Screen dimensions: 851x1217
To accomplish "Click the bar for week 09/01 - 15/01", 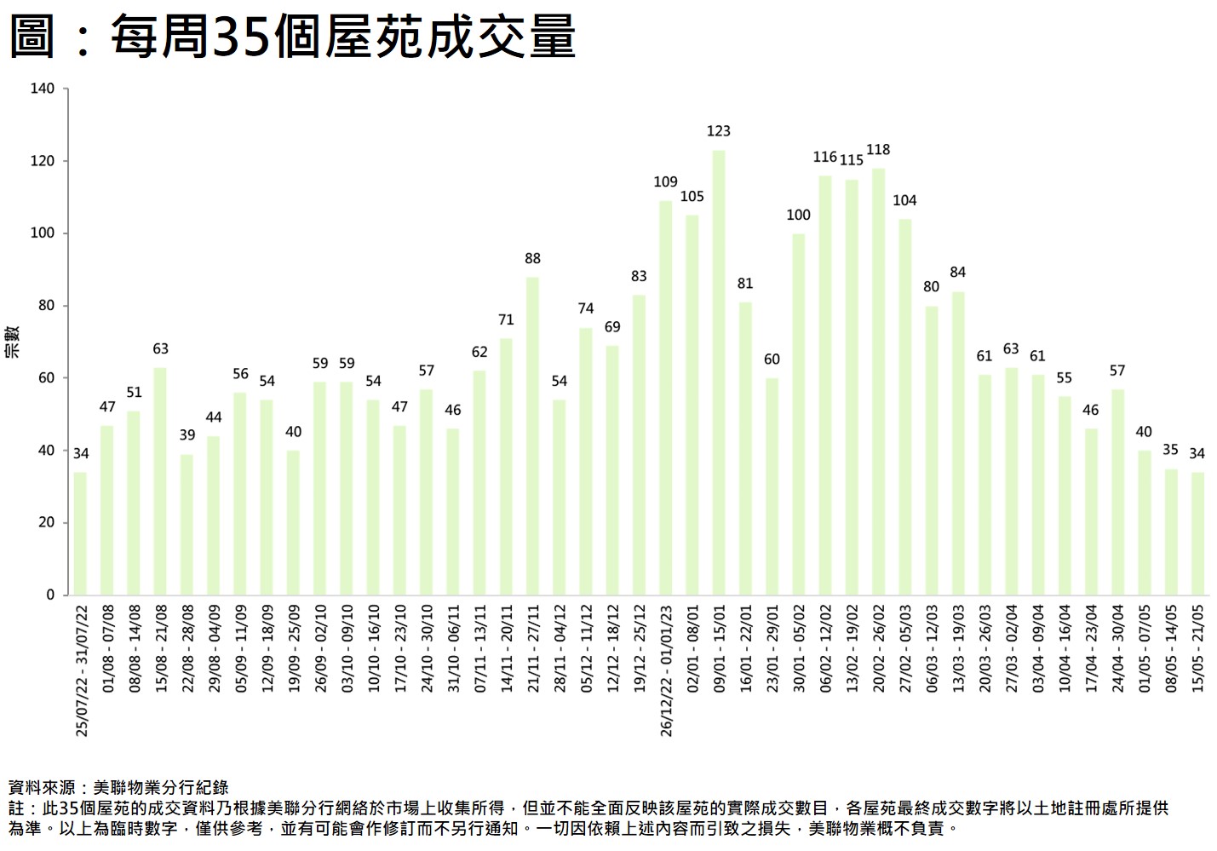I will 719,372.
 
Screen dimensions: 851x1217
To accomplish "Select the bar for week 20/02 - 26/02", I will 878,382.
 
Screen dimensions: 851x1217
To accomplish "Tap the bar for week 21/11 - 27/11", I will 532,436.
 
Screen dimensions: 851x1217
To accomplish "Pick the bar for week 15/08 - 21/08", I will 160,481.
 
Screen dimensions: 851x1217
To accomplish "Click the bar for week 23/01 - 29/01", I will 772,486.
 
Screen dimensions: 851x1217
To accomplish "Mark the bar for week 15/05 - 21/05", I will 1197,533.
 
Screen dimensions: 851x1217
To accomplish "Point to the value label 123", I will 719,131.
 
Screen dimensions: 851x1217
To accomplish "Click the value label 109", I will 665,182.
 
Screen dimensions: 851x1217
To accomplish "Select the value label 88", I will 532,258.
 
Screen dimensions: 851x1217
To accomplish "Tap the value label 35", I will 1170,450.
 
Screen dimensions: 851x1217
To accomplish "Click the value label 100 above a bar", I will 798,215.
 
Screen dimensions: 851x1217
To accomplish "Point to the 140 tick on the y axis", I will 43,89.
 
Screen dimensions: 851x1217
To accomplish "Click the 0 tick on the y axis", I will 50,595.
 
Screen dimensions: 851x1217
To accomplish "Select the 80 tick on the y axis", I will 46,305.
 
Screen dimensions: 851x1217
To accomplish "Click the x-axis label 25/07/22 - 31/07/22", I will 82,670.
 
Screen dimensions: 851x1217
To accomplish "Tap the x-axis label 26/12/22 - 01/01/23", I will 666,670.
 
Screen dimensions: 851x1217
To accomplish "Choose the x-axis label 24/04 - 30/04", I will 1118,647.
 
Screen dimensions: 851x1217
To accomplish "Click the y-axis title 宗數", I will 13,341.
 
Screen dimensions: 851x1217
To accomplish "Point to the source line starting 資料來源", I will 118,788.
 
